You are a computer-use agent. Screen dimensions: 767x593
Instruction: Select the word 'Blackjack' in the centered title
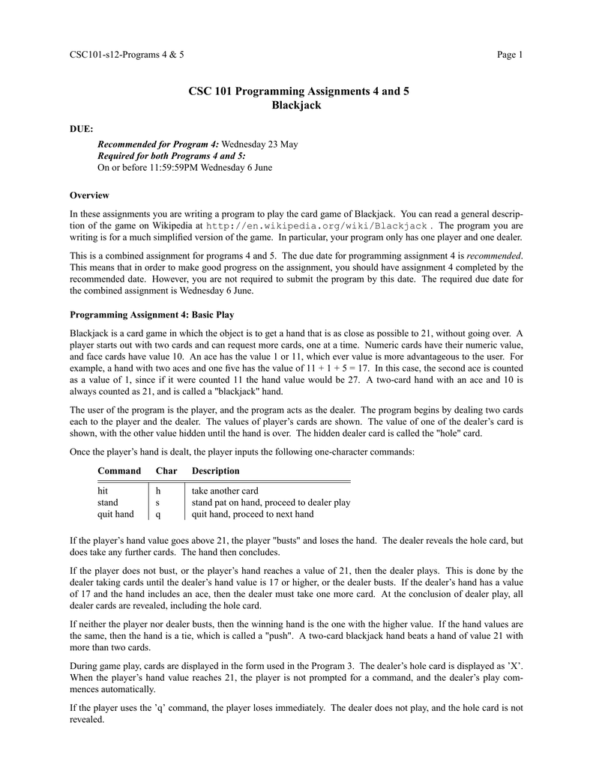[x=296, y=106]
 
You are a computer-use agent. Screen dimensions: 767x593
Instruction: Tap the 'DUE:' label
[x=81, y=129]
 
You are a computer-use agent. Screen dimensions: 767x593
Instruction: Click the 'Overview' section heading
[x=89, y=195]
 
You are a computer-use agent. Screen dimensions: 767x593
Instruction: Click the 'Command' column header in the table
[x=119, y=470]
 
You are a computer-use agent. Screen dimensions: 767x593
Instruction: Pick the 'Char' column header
[x=166, y=470]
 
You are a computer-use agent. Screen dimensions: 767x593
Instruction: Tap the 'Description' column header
[x=216, y=470]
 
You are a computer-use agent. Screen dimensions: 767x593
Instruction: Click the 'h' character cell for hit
[x=157, y=491]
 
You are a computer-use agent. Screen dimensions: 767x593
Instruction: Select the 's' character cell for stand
[x=157, y=503]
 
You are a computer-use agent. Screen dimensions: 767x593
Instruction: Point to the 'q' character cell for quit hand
[x=157, y=515]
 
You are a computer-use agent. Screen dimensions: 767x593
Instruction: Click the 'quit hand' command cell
[x=116, y=515]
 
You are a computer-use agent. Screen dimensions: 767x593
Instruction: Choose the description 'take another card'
[x=225, y=491]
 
